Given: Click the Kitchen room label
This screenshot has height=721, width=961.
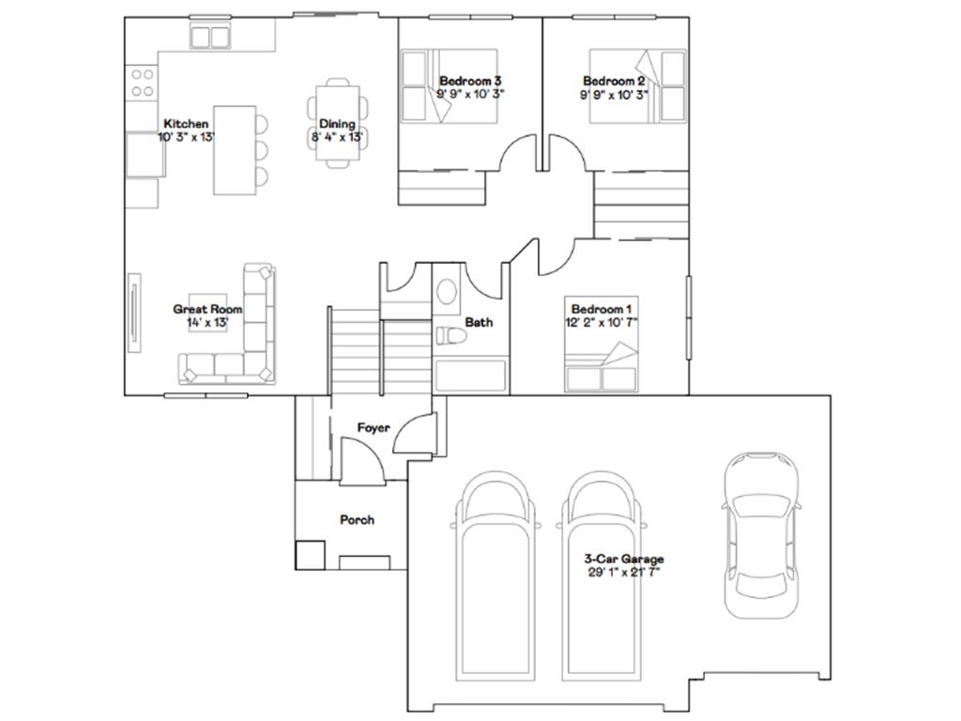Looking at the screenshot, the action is coord(187,124).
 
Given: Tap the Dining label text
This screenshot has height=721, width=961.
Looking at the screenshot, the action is coord(337,124).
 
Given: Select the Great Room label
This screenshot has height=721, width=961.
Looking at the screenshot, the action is coord(207,310).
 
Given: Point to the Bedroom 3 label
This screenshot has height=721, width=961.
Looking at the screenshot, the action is coord(471,81).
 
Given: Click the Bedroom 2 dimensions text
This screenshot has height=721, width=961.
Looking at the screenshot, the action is coord(614,95).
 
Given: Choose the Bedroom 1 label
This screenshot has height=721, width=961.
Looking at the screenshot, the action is coord(602,310).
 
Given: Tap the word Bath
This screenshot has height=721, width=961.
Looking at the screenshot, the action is coord(479,323).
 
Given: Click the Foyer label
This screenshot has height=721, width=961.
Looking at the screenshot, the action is coord(374,428).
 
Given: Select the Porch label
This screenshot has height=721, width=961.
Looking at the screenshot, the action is coord(358,520).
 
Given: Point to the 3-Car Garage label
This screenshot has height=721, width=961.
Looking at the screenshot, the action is coord(624,560).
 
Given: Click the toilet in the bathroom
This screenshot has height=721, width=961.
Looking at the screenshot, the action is coord(451,335).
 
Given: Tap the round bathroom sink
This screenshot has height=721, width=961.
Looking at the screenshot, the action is coord(447,292).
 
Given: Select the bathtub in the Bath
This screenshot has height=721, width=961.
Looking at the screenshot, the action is coord(471,376).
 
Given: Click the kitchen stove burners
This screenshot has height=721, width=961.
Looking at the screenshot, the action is coord(143,83).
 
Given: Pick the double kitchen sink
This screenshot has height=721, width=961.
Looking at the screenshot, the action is coord(209,37).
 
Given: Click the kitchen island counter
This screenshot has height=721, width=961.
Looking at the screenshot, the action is coord(235,151).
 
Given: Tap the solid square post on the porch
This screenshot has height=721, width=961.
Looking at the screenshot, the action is coord(310,556).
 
